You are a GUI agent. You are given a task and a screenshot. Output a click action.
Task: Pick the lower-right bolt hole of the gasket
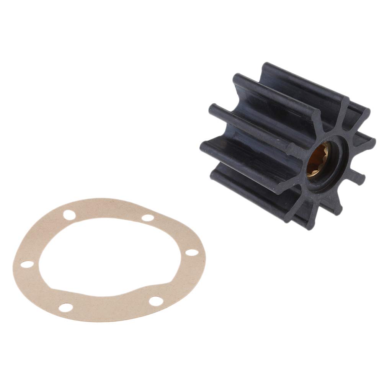tap(156, 301)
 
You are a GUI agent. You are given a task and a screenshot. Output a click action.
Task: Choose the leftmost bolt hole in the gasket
tap(26, 264)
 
